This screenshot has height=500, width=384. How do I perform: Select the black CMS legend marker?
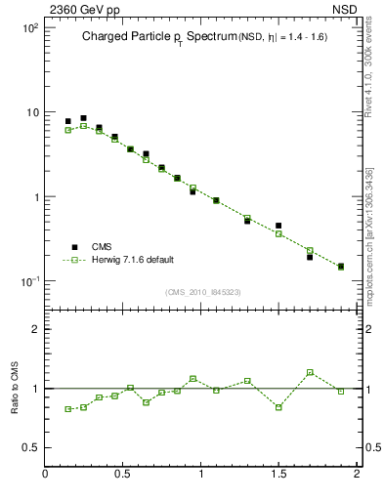pyautogui.click(x=74, y=247)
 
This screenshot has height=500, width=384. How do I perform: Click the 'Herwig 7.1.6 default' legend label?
pyautogui.click(x=133, y=260)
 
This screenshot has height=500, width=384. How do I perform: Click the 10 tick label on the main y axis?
pyautogui.click(x=30, y=112)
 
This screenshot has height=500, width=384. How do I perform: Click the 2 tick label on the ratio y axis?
pyautogui.click(x=34, y=329)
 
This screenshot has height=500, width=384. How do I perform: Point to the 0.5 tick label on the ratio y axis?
pyautogui.click(x=29, y=447)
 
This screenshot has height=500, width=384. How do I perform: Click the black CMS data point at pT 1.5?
pyautogui.click(x=278, y=226)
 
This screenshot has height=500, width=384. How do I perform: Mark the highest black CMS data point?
pyautogui.click(x=83, y=118)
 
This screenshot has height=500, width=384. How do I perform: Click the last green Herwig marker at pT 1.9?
pyautogui.click(x=341, y=267)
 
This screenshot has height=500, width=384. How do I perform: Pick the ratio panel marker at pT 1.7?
pyautogui.click(x=310, y=372)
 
